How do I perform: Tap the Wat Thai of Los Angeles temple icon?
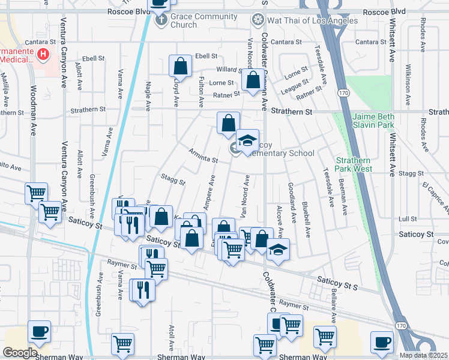click(x=257, y=20)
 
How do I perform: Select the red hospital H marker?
click(x=43, y=55)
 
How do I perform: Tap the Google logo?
click(x=20, y=353)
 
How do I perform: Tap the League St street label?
click(x=295, y=85)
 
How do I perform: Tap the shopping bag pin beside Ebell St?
click(x=180, y=65)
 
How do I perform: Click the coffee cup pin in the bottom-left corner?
click(x=39, y=331)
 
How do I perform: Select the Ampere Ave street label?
click(x=209, y=192)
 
